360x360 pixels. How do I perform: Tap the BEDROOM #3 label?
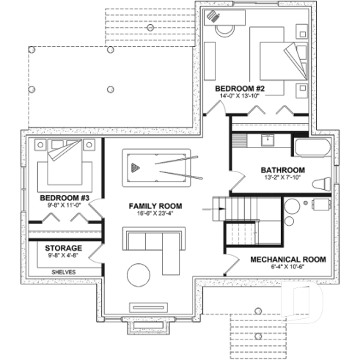pos(65,198)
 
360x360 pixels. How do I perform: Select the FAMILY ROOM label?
pos(155,205)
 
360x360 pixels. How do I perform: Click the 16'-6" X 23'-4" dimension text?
pos(155,213)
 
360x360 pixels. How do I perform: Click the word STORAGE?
pos(64,249)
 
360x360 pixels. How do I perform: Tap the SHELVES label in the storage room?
pos(63,271)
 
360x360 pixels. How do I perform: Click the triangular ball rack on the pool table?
pos(135,167)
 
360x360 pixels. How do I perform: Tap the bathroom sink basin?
pos(268,141)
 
